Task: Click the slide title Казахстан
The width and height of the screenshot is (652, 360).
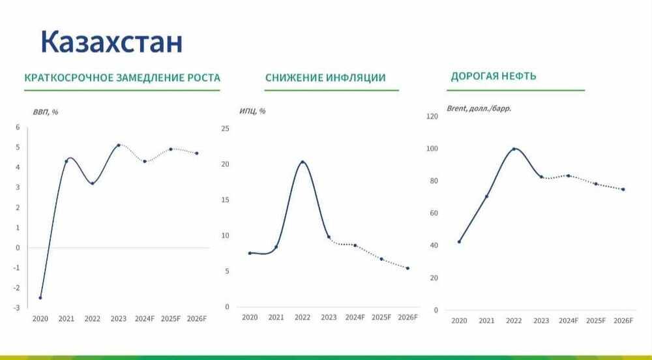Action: coord(111,42)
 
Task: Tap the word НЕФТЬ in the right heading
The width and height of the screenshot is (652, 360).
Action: coord(519,76)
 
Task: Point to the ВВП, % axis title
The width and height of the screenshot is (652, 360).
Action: coord(46,112)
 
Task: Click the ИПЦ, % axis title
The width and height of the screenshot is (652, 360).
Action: coord(252,111)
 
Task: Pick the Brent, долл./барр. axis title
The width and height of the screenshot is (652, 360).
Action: coord(479,108)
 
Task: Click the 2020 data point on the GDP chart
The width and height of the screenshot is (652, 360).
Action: coord(40,297)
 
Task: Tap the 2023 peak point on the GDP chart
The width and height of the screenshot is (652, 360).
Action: coord(119,145)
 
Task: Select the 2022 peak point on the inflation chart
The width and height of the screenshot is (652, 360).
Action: coord(303,162)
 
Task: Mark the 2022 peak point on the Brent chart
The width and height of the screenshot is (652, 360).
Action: coord(514,149)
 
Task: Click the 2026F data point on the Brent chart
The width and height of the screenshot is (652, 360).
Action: coord(623,189)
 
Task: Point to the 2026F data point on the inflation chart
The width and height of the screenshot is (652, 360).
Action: coord(407,268)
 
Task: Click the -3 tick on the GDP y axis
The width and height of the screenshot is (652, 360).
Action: coord(17,308)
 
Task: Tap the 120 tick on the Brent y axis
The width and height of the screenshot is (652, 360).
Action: coord(431,116)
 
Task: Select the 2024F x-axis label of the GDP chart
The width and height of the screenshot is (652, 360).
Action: coord(145,319)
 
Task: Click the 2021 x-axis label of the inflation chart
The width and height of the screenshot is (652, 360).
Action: coord(276,318)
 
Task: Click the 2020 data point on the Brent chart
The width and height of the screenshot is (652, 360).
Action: coord(459,242)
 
